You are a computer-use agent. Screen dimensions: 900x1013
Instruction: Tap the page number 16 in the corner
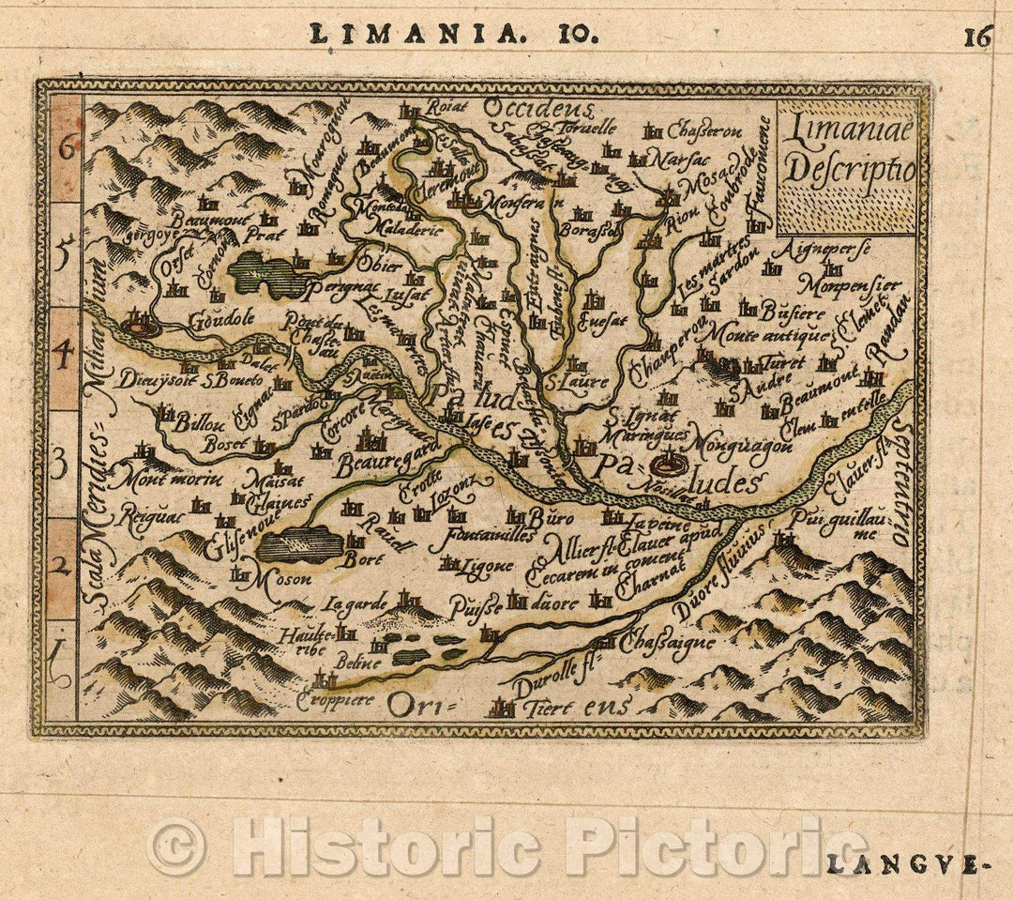976,38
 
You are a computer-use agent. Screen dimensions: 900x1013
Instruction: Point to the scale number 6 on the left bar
66,147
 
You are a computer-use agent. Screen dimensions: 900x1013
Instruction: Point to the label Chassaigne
667,644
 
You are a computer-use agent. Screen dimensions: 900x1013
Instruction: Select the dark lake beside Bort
299,543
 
